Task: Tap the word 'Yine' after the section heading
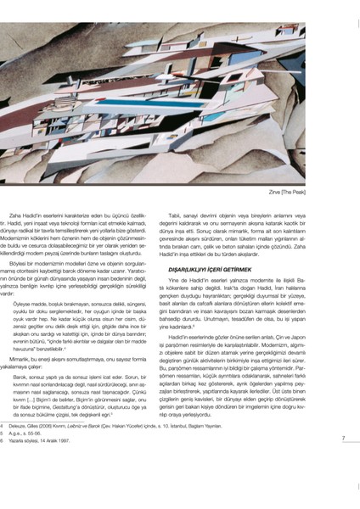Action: [198, 280]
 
